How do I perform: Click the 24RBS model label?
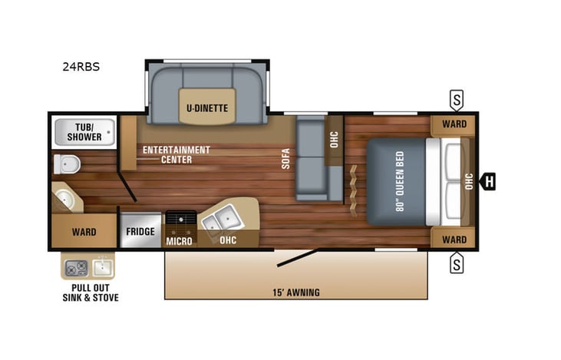(x=81, y=67)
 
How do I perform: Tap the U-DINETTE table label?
(x=207, y=107)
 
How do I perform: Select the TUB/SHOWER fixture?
(x=84, y=132)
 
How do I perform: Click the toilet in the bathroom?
(x=67, y=163)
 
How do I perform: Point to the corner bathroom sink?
(x=67, y=200)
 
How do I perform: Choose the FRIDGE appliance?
(x=140, y=231)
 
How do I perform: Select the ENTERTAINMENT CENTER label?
(x=175, y=154)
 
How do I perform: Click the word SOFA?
(x=285, y=157)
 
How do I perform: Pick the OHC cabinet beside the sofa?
(x=335, y=140)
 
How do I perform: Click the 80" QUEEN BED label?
(x=399, y=181)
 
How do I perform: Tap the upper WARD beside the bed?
(x=454, y=124)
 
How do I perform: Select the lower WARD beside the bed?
(x=454, y=239)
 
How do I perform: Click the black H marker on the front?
(x=487, y=182)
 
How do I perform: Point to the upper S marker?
(x=457, y=99)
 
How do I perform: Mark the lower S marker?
(x=457, y=265)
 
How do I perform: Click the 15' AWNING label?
(x=296, y=292)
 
